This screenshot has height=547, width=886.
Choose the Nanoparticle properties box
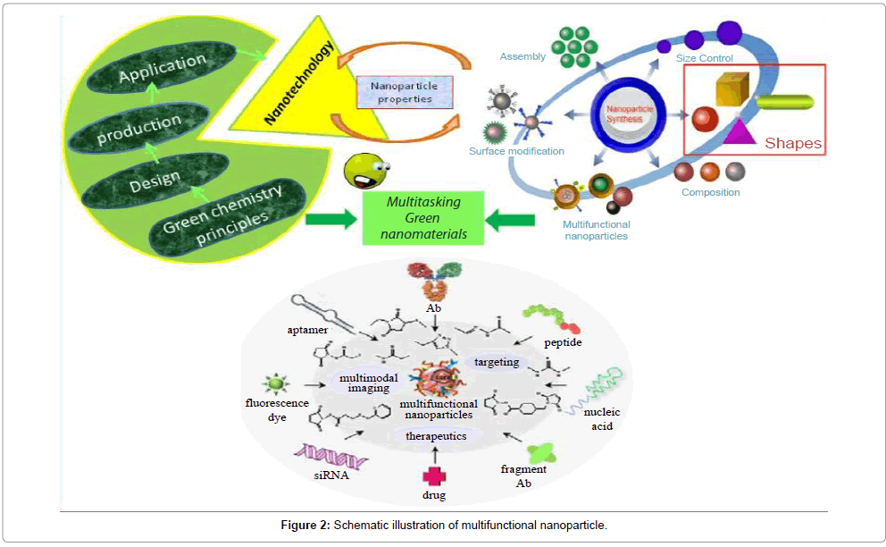click(x=405, y=92)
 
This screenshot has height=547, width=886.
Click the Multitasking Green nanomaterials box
click(x=423, y=218)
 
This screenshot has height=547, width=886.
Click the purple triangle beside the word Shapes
click(x=740, y=132)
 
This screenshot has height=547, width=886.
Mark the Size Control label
click(x=705, y=59)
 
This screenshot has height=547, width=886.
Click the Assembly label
click(x=522, y=57)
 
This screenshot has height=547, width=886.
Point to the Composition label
click(x=710, y=192)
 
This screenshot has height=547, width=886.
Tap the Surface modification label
click(x=516, y=151)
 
